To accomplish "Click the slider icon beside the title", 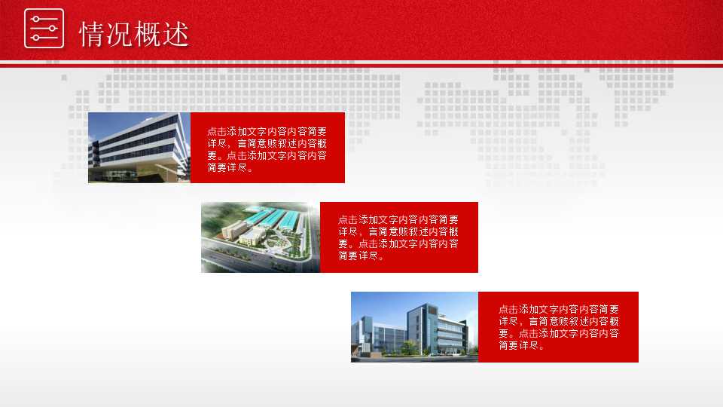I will pos(44,29).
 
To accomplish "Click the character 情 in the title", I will pos(93,34).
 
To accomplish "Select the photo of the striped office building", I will pos(139,148).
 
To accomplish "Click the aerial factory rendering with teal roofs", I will pos(260,237).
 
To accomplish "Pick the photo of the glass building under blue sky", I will pos(414,326).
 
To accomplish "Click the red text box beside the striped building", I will pos(267,148).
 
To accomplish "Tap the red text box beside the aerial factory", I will pos(399,237).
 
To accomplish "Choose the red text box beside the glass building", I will pos(558,326).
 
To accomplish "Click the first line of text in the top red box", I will pos(267,131).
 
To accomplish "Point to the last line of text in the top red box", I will pos(230,167).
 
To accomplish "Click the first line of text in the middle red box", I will pos(398,220).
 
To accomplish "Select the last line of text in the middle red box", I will pos(361,256).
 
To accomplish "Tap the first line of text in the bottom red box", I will pos(558,309).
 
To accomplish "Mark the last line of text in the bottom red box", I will pos(521,345).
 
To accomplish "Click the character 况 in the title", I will pos(120,34).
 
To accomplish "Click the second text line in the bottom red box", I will pos(558,321).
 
